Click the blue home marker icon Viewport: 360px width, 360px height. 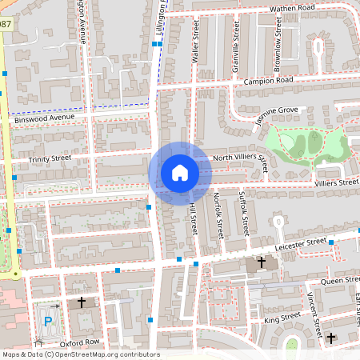click(179, 173)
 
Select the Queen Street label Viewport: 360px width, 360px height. click(340, 281)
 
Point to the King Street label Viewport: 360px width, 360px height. click(281, 319)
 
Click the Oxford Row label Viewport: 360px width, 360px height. click(79, 342)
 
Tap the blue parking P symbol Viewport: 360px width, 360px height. click(48, 322)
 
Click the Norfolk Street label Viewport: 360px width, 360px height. click(218, 213)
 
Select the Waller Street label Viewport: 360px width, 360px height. click(194, 44)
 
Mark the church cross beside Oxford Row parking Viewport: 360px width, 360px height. click(82, 302)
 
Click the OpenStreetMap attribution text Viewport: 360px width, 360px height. click(80, 354)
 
